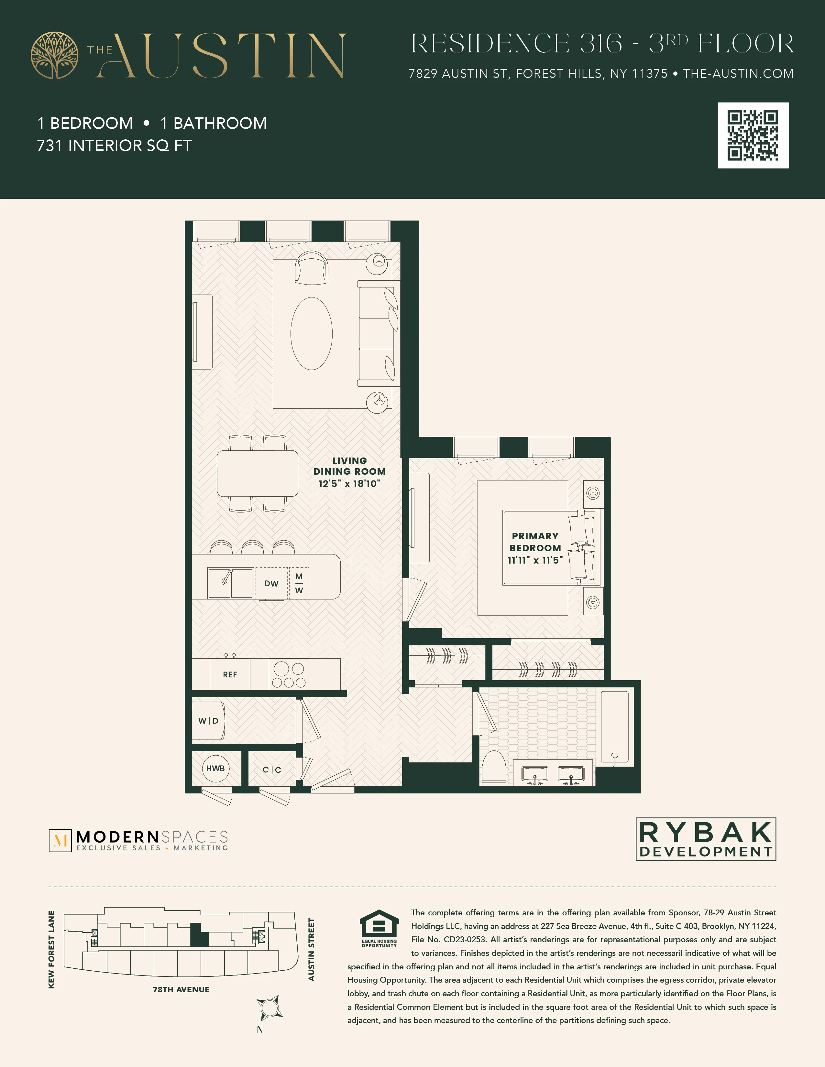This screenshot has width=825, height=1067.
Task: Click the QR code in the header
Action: coord(753,135)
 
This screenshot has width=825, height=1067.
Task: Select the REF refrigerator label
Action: coord(230,675)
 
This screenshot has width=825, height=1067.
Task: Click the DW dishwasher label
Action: coord(271,583)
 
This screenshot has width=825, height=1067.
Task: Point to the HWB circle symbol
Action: coord(215,769)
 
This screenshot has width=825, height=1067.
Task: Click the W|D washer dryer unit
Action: coord(209,721)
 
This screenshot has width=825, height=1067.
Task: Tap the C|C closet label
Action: coord(272,770)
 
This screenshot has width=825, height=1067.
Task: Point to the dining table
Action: coord(258,473)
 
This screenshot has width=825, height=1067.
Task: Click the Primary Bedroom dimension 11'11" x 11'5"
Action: coord(535,560)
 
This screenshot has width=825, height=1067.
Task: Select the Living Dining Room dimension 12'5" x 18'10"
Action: coord(349,484)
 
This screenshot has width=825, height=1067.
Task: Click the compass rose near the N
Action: coord(269,1008)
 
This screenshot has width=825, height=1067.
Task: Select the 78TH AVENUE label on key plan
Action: coord(181,989)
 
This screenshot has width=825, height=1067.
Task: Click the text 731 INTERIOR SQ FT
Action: coord(114,145)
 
